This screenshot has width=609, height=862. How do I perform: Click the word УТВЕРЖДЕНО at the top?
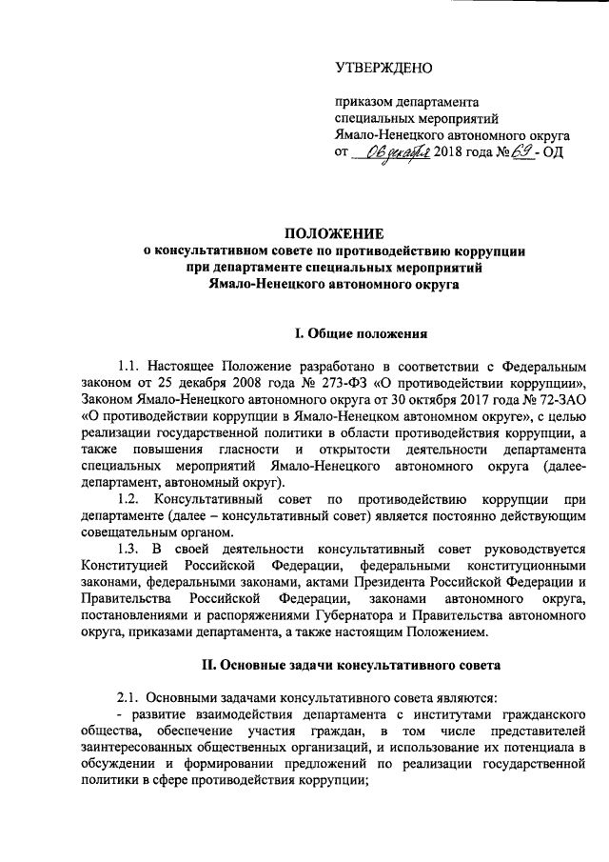tap(383, 69)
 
